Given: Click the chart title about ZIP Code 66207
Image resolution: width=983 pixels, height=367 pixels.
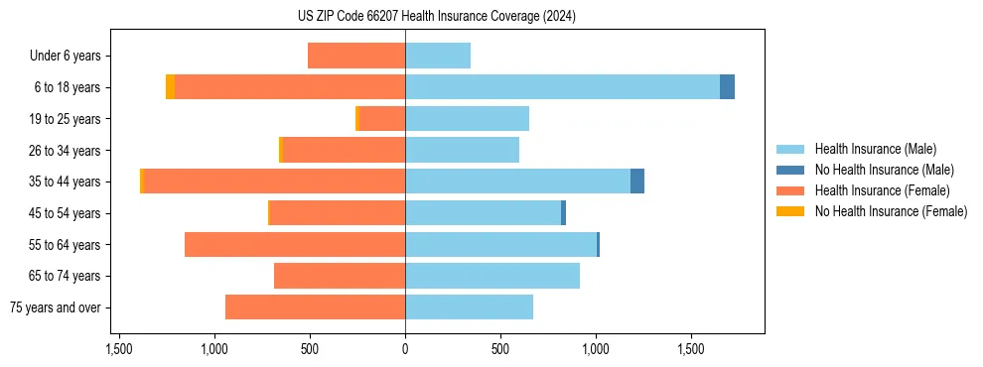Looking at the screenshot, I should tap(491, 17).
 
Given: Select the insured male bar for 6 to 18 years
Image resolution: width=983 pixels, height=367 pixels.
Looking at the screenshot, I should tap(562, 87).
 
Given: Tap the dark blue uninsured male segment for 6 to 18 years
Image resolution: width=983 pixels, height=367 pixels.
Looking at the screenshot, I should tap(727, 87).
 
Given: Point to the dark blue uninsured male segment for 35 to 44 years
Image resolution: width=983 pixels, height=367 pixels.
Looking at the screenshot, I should tap(637, 182).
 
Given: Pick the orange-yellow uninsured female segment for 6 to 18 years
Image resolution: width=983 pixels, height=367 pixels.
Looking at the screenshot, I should tap(170, 87).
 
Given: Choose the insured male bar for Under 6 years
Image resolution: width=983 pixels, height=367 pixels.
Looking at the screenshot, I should tap(438, 56).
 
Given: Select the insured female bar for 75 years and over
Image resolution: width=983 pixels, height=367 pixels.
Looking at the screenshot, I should tap(315, 307).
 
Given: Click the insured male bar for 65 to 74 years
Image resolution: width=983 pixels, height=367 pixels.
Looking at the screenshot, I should tap(492, 276).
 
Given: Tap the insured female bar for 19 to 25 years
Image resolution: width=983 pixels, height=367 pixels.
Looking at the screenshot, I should tap(381, 119).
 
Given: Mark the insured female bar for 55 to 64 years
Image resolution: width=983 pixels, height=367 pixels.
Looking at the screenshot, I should tap(295, 244).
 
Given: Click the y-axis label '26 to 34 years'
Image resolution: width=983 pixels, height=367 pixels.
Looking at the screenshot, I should tap(65, 151).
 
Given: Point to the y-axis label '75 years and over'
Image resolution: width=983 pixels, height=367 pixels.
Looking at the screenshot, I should tap(55, 307).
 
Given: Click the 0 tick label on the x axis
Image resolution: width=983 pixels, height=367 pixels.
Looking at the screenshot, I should tap(405, 350).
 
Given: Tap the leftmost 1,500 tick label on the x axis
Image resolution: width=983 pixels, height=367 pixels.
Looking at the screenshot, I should tap(118, 350).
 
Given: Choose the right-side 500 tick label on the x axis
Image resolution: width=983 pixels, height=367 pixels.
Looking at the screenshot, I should tap(500, 350).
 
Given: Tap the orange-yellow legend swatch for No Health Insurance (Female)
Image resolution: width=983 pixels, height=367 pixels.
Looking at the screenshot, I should tap(790, 211).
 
